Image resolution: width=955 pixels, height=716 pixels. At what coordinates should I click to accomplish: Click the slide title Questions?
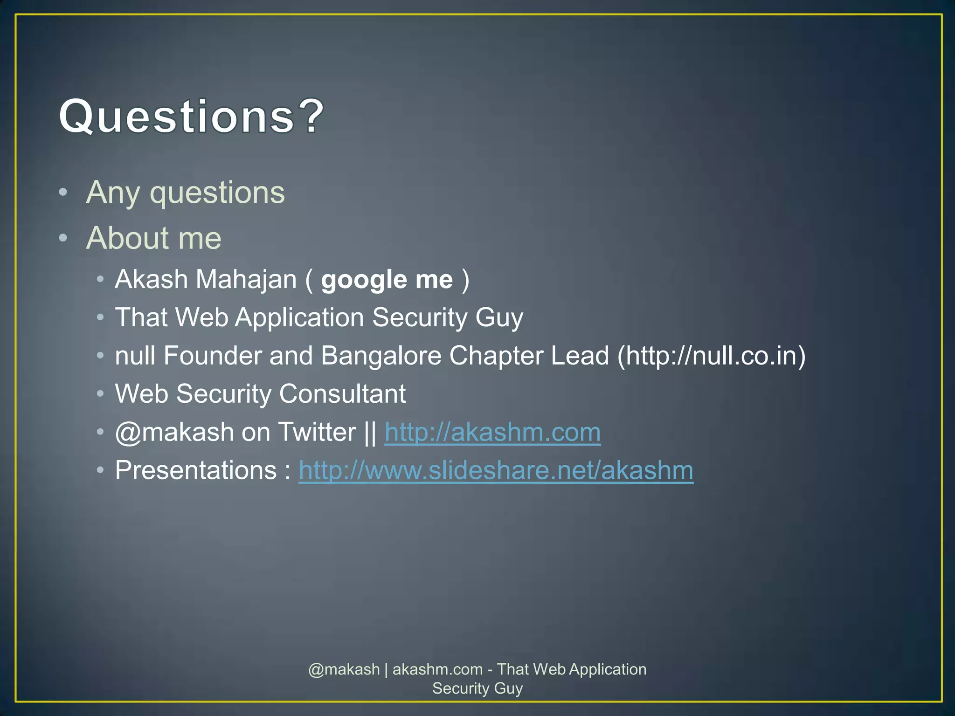tap(191, 117)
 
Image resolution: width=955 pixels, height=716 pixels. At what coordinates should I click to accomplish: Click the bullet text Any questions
tap(185, 193)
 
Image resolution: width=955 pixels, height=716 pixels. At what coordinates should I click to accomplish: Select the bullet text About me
tap(153, 238)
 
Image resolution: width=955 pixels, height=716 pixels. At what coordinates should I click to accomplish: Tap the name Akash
tap(151, 280)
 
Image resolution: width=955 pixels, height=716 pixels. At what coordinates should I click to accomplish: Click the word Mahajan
tap(246, 280)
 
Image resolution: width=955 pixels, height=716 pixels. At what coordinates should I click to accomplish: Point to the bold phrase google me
tap(387, 280)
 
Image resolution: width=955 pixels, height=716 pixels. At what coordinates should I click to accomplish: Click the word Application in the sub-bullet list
tap(299, 318)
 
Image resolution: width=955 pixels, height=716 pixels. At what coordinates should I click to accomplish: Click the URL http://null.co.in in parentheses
tap(712, 356)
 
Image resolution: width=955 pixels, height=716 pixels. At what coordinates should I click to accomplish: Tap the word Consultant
tap(342, 394)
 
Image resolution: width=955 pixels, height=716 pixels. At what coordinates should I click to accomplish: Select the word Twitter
tap(317, 433)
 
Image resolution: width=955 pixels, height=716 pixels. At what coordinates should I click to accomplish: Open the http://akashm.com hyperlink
tap(492, 433)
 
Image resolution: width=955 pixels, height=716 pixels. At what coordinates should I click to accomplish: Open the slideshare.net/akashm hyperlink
tap(496, 471)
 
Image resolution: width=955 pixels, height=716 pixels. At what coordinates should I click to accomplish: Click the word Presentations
tap(196, 471)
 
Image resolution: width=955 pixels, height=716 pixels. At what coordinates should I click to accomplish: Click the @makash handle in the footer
tap(344, 669)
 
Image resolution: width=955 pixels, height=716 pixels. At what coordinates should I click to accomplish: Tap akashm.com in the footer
tap(437, 669)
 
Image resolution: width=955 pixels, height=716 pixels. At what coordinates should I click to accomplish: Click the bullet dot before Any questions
tap(63, 192)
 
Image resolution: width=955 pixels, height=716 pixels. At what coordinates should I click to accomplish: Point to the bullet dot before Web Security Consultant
tap(100, 394)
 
